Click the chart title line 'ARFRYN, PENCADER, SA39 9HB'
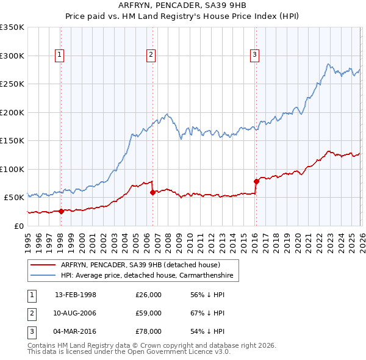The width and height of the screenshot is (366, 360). [182, 5]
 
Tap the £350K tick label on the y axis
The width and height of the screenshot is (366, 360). [12, 27]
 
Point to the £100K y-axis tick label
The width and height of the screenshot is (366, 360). [12, 169]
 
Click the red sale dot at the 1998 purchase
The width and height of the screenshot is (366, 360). [61, 211]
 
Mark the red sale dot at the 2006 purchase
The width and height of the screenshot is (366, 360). [152, 192]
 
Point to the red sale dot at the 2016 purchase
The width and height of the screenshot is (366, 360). [256, 181]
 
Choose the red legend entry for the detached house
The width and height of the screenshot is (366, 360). [145, 265]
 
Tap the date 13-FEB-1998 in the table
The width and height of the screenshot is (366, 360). [76, 295]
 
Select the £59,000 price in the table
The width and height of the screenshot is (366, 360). [148, 313]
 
